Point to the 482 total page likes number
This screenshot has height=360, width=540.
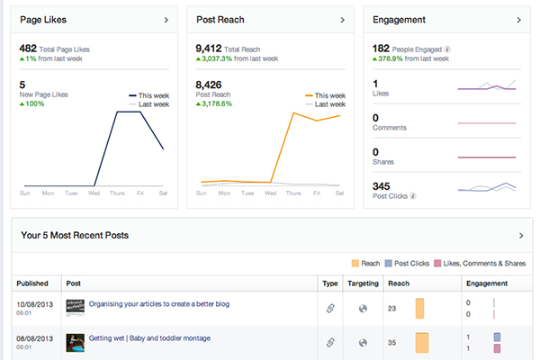tap(28, 49)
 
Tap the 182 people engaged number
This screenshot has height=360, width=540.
tap(381, 49)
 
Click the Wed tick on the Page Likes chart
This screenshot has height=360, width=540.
tap(95, 193)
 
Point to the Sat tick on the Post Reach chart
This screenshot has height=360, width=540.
tap(337, 193)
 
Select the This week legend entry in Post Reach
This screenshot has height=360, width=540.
tap(326, 94)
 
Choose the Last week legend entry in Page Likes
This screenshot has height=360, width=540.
tap(149, 103)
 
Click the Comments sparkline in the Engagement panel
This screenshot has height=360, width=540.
tap(487, 123)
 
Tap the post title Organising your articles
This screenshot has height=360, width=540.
tap(158, 304)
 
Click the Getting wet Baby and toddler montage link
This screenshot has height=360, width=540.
tap(149, 338)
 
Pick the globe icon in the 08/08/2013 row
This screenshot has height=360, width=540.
tap(363, 343)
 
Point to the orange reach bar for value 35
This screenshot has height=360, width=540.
tap(421, 343)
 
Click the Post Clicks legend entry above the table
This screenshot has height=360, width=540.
tap(409, 263)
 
